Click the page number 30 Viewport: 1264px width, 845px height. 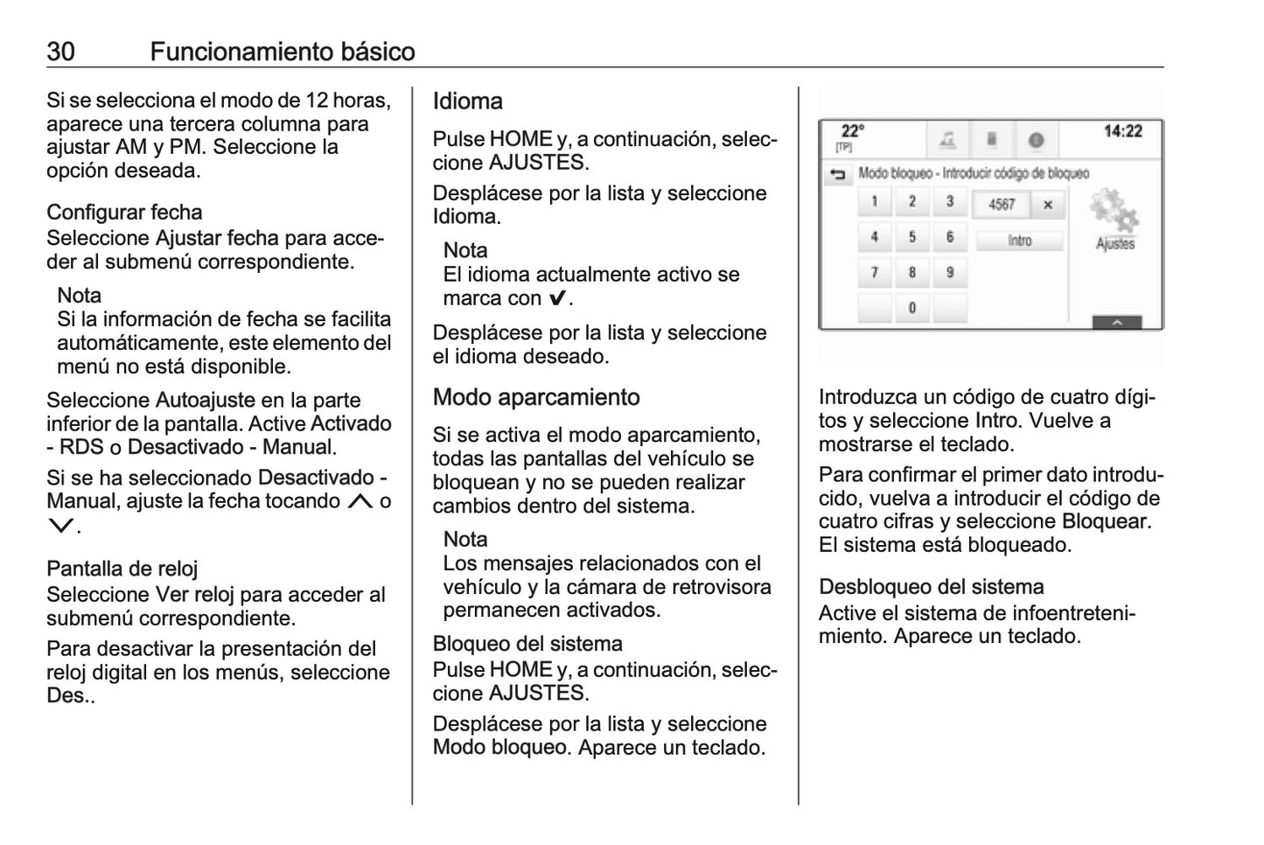60,52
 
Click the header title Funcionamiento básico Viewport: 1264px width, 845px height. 282,52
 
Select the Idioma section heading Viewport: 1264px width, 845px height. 467,101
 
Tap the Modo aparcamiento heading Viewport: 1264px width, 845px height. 535,397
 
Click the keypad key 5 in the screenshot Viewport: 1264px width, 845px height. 911,237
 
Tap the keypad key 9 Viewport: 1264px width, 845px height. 949,272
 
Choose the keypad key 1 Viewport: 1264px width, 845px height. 874,202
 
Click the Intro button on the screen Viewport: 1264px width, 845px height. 1019,241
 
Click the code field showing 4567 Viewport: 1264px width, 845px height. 1002,205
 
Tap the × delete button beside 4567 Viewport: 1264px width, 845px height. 1047,205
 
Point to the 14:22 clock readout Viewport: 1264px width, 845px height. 1122,131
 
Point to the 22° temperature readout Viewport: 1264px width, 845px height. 851,132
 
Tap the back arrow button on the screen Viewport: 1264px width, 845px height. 837,175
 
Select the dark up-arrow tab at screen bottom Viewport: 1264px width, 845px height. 1116,322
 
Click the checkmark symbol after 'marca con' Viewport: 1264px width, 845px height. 556,298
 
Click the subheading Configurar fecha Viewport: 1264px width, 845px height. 124,213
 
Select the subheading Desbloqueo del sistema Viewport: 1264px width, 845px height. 931,587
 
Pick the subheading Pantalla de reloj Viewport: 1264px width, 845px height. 122,569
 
